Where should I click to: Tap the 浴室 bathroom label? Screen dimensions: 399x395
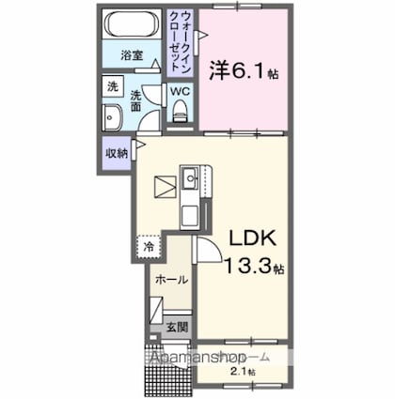point(132,56)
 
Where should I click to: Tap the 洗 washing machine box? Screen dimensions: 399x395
point(113,85)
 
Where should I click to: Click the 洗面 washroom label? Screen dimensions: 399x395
point(138,100)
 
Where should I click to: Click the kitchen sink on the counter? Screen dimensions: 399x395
point(191,176)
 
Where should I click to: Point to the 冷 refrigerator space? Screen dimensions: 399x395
point(149,247)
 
